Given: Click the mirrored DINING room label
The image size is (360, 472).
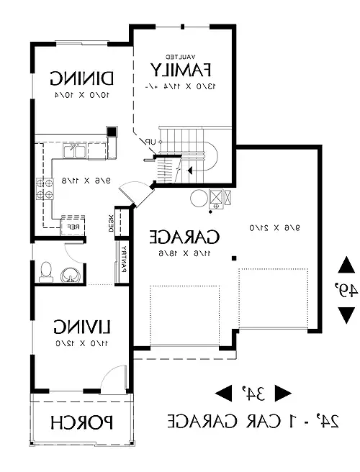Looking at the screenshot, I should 84,77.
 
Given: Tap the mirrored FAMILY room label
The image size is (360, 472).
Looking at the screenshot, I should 181,70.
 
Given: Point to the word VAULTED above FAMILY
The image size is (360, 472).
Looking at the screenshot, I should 181,55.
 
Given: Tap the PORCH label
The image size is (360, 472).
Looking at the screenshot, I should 82,422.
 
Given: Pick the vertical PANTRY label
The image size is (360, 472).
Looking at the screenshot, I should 123,259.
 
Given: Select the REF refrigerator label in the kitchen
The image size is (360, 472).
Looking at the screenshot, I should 73,226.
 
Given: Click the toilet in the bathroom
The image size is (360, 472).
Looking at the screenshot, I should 45,271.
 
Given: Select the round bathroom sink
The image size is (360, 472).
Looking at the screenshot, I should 70,275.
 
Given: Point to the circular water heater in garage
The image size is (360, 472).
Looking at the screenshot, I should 197,198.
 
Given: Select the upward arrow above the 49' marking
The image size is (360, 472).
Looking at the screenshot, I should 346,265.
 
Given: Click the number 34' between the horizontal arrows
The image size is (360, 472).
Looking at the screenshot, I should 253,392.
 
